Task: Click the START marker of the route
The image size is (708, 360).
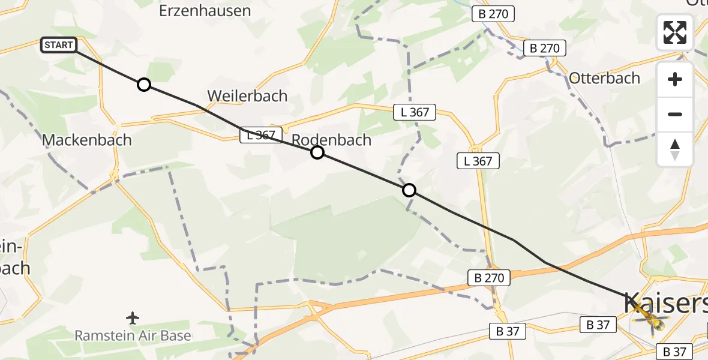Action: [59, 45]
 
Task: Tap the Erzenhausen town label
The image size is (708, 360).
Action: [205, 11]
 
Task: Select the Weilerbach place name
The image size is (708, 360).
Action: [247, 96]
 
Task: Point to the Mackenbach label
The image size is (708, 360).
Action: [86, 140]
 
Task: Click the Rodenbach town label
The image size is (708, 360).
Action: [331, 140]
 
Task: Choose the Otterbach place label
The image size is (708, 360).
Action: [604, 78]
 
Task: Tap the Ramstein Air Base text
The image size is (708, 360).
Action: [133, 335]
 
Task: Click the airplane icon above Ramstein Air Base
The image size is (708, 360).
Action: [133, 317]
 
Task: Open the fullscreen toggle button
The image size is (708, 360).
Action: [675, 32]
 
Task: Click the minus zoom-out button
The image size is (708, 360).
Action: [675, 114]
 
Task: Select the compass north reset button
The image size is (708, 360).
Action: [675, 149]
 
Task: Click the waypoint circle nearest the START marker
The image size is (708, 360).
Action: [144, 85]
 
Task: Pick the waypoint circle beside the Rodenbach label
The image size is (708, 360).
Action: [317, 152]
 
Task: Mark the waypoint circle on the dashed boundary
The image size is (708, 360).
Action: [409, 190]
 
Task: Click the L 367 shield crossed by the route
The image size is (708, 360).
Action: [261, 136]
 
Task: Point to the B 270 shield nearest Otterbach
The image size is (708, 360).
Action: [545, 48]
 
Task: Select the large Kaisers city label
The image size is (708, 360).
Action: [665, 304]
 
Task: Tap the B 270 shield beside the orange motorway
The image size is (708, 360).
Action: [489, 277]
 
